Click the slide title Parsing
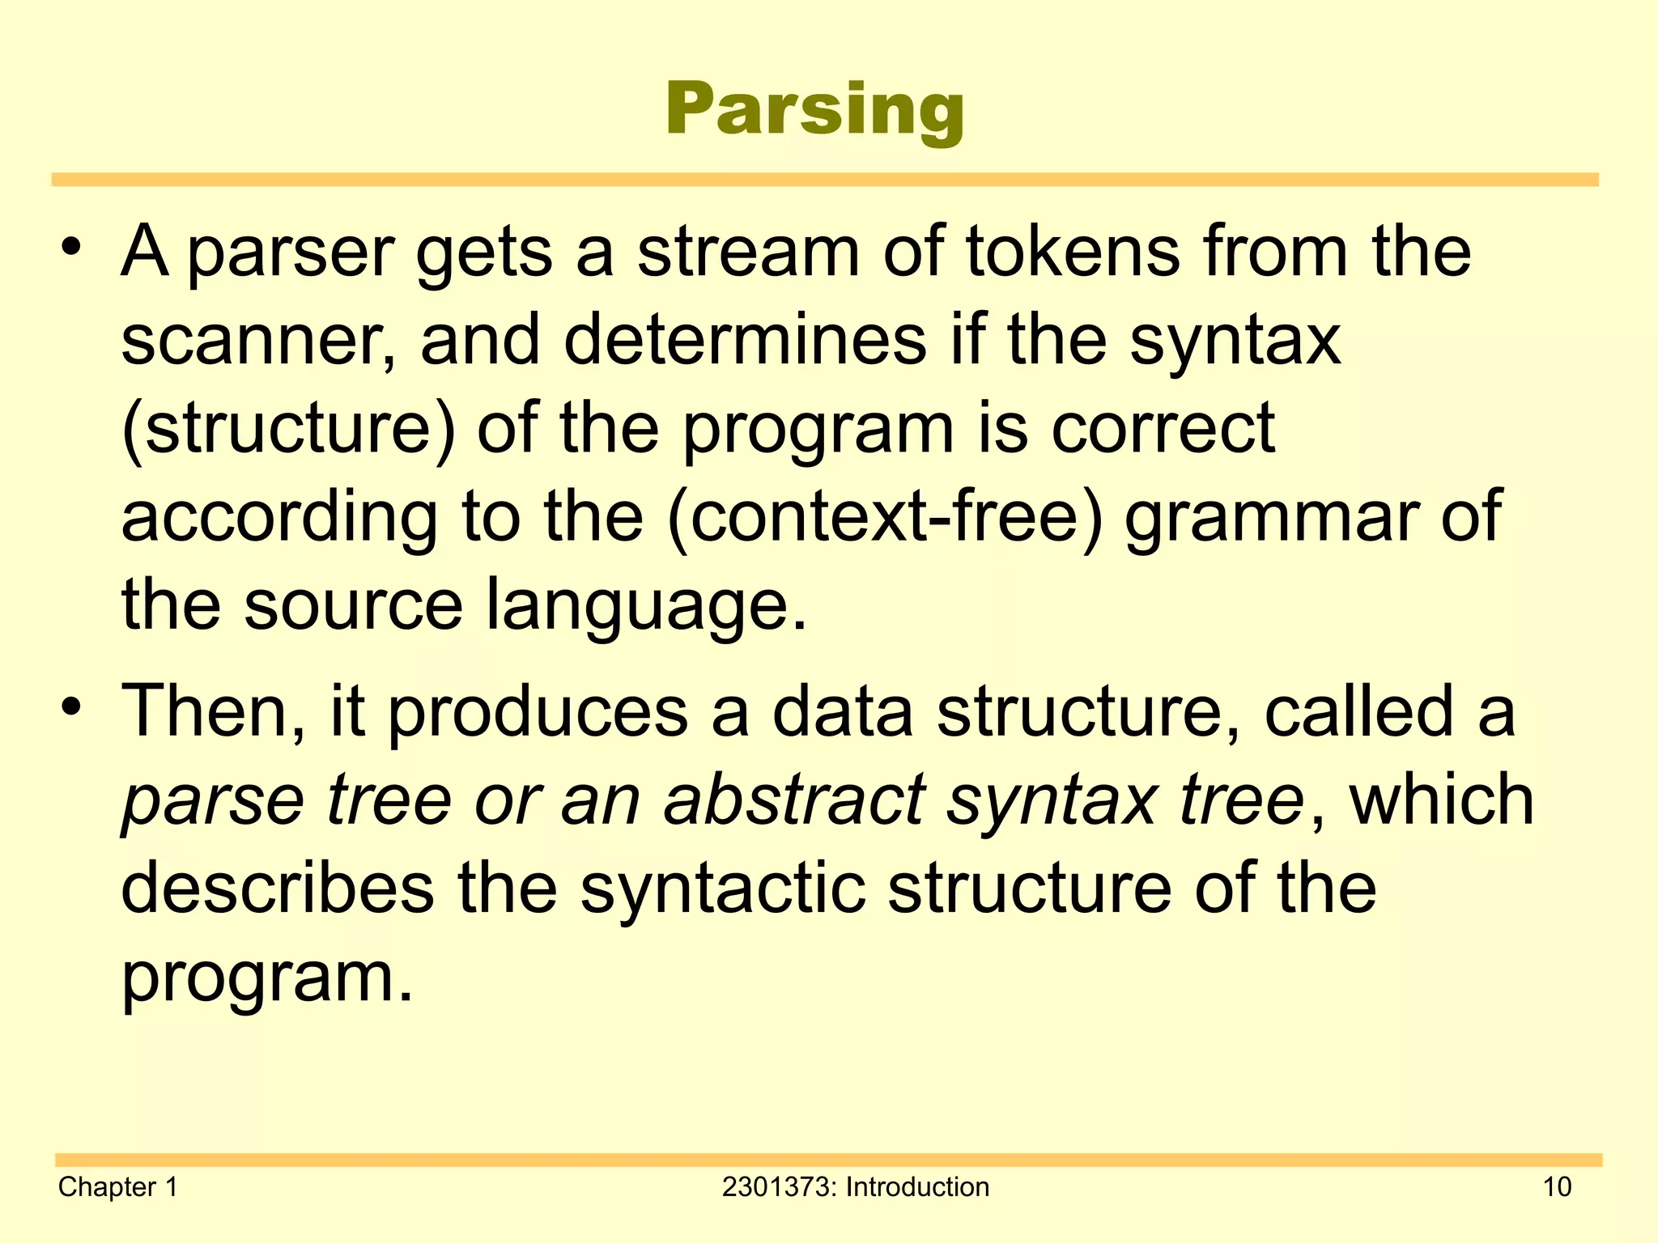[x=815, y=110]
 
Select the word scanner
[x=251, y=342]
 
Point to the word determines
[x=744, y=340]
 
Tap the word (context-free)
[x=886, y=517]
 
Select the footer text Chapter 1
[x=117, y=1186]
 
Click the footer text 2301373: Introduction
[x=855, y=1186]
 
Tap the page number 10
[x=1557, y=1186]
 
